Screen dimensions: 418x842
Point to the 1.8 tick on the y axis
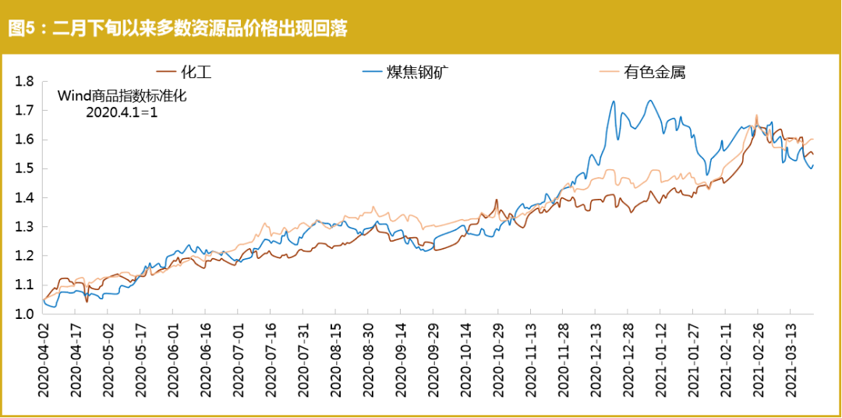(x=26, y=81)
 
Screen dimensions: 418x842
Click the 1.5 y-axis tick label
(x=26, y=168)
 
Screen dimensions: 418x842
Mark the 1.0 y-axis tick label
(x=26, y=313)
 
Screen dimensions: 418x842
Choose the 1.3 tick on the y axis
(x=26, y=227)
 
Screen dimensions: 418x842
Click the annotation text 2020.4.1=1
(x=122, y=112)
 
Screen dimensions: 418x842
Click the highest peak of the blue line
(x=649, y=101)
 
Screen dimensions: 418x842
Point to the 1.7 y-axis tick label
(x=26, y=110)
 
